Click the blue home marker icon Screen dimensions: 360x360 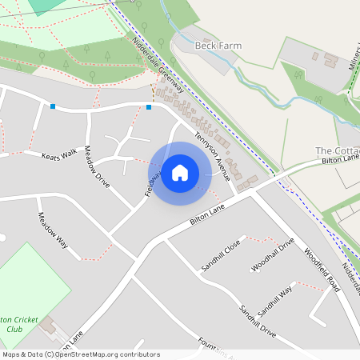pyautogui.click(x=180, y=173)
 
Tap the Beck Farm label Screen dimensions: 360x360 pyautogui.click(x=218, y=46)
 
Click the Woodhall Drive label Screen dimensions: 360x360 pyautogui.click(x=274, y=254)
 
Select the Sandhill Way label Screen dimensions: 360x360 pyautogui.click(x=275, y=301)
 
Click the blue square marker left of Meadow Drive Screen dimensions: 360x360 pyautogui.click(x=53, y=106)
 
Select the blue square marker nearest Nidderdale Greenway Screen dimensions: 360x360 pyautogui.click(x=149, y=106)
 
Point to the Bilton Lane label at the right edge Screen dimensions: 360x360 pyautogui.click(x=339, y=159)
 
